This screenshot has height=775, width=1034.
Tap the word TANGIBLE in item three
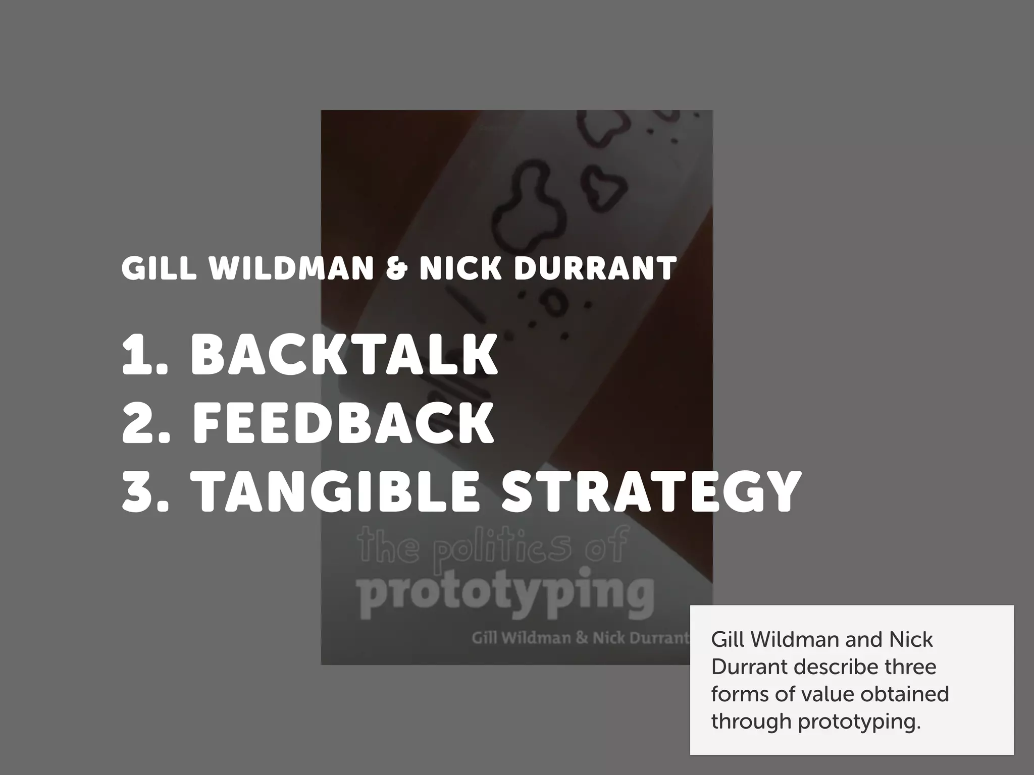tap(337, 491)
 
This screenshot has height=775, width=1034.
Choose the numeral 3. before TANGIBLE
tap(146, 491)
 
